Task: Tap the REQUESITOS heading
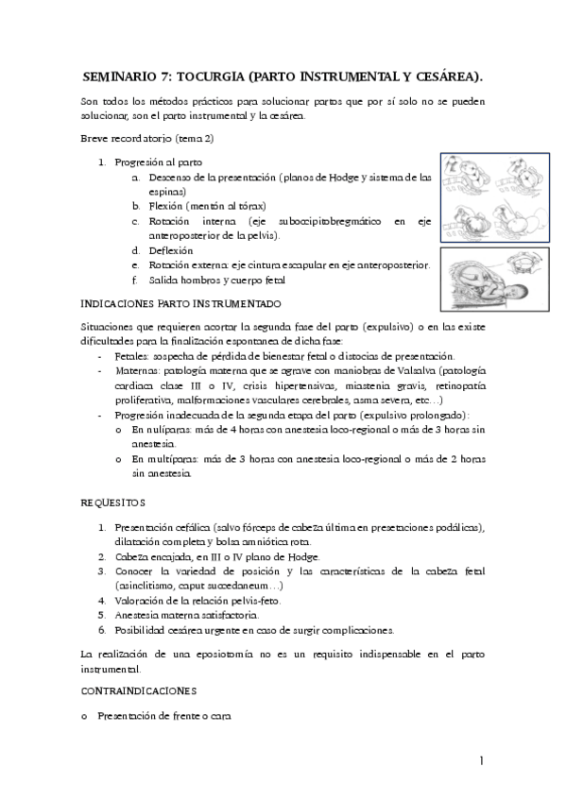pos(112,503)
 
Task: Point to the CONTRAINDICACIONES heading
pos(139,690)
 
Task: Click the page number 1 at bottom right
pos(481,761)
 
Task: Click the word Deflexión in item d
pos(170,250)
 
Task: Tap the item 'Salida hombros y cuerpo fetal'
pos(216,280)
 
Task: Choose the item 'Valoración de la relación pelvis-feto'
pos(197,600)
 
